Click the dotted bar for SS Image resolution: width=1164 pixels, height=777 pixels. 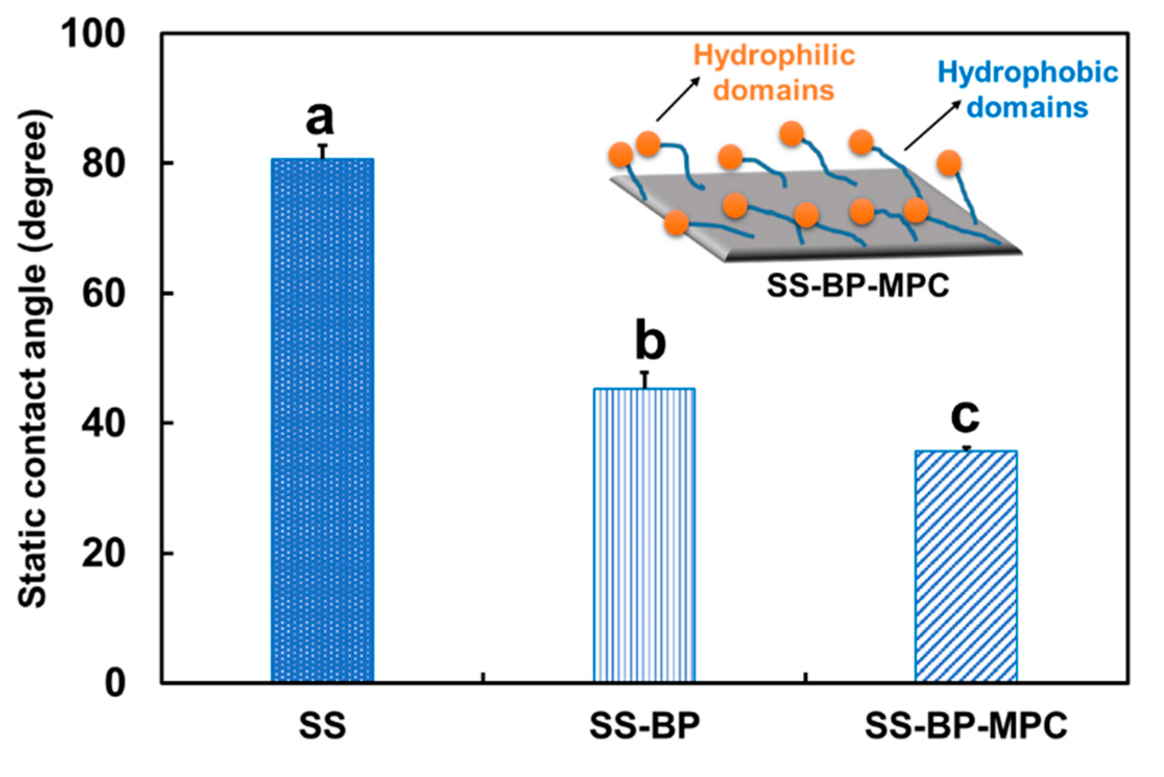322,420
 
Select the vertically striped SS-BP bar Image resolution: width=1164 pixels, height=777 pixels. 644,535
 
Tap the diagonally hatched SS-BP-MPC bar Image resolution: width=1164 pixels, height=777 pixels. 966,566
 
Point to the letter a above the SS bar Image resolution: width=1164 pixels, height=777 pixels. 319,118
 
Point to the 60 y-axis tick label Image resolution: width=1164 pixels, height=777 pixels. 104,294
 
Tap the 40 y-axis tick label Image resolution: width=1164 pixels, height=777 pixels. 104,423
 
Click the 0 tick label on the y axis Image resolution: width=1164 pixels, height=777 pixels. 115,683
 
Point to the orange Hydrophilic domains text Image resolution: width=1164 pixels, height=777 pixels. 774,72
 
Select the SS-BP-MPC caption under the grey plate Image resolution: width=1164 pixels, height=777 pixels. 858,285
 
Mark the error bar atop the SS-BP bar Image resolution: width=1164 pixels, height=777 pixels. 645,380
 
